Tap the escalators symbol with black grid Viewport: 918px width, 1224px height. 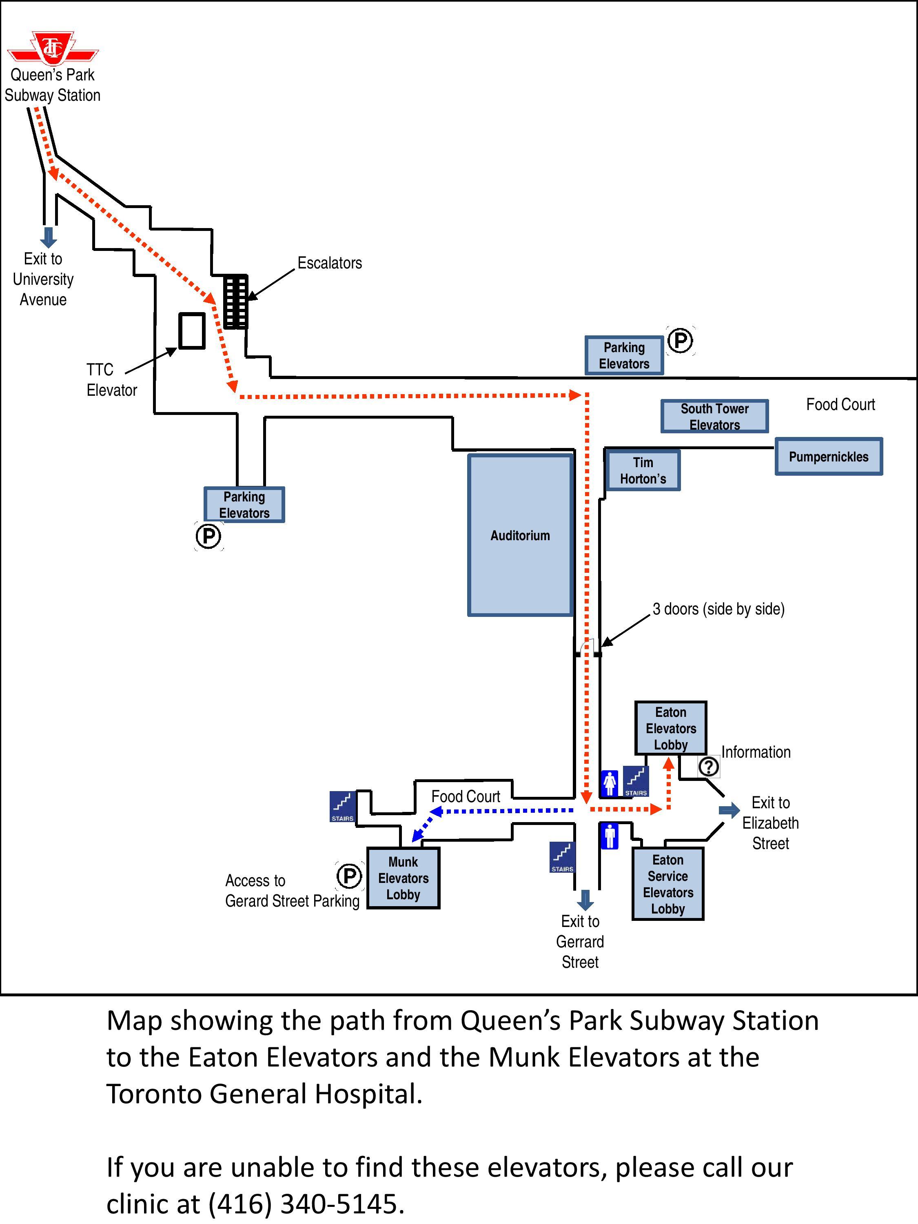point(236,302)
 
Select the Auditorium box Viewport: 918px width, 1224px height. point(520,535)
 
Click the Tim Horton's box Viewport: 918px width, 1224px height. point(643,470)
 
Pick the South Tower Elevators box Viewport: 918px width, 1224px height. point(714,416)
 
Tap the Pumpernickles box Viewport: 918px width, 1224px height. point(828,457)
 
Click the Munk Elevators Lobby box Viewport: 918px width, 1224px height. point(404,878)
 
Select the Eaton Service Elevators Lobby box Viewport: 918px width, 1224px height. point(668,884)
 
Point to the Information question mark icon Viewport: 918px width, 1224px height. point(709,766)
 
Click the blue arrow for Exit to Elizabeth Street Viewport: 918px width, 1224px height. point(729,811)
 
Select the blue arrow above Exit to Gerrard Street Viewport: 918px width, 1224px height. point(585,900)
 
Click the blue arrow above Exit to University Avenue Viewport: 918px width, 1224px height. point(49,237)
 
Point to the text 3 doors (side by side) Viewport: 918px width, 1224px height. point(718,609)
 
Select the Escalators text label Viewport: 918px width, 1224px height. point(330,263)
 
